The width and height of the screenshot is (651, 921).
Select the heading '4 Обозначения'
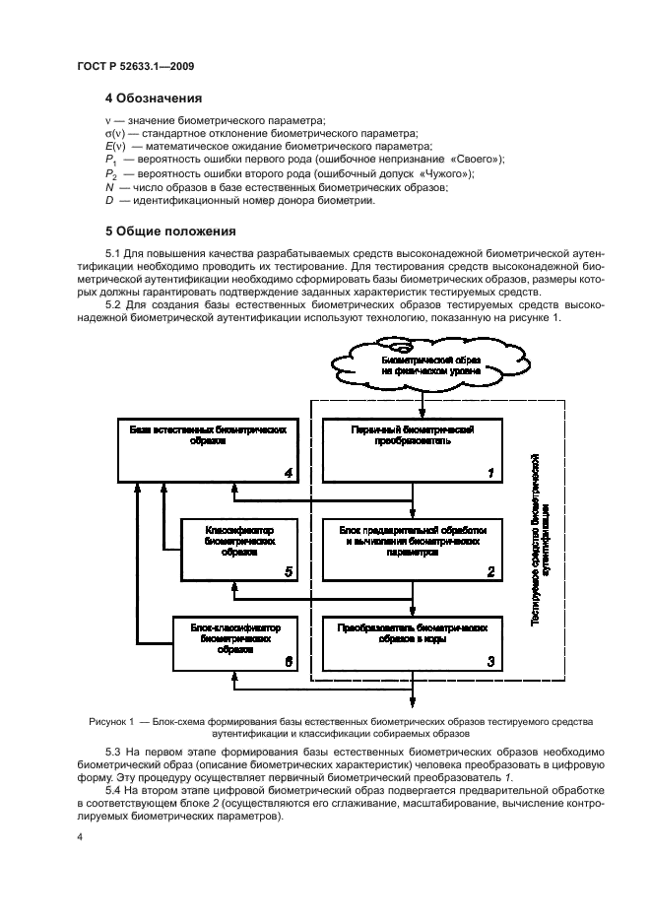154,99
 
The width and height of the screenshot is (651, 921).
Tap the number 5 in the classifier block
288,570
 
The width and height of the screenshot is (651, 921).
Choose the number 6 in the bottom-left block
288,664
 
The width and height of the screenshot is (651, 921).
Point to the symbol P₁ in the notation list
111,161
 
